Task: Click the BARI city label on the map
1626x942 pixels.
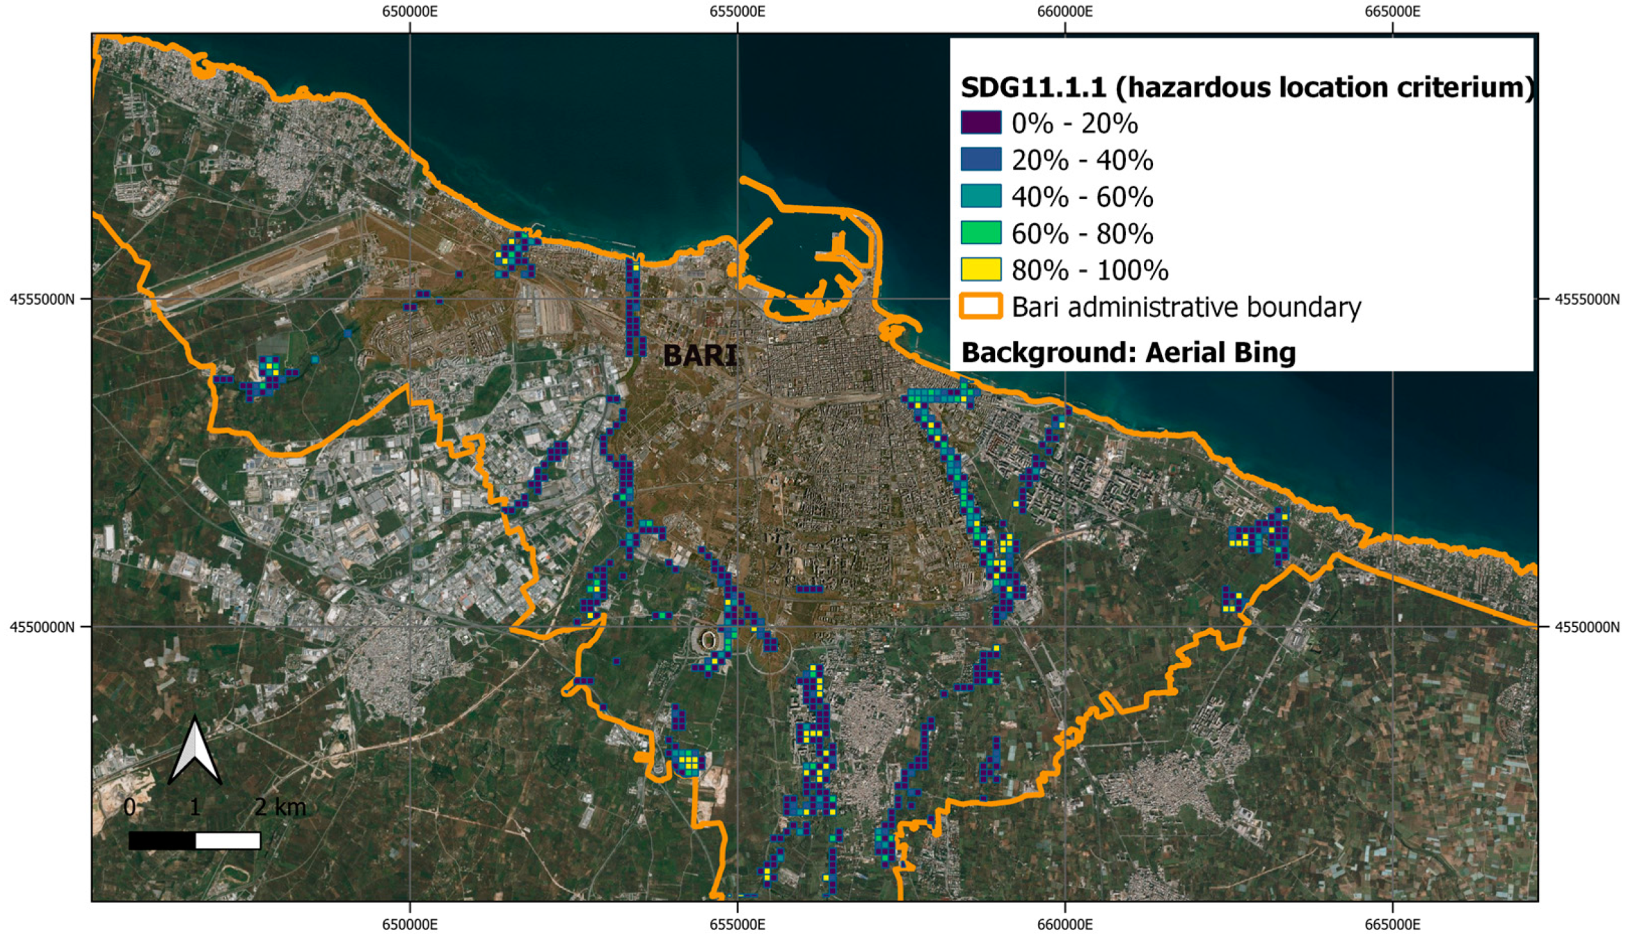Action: pos(699,356)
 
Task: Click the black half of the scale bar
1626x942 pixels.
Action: pos(162,840)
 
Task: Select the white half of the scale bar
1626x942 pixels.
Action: pos(228,840)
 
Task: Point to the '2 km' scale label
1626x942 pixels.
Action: pos(280,807)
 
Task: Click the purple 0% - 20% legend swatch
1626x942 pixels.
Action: pos(980,122)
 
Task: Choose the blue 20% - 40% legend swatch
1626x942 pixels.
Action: pos(980,159)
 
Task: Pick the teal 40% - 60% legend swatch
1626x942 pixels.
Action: pos(980,196)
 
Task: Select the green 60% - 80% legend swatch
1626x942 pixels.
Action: pos(980,233)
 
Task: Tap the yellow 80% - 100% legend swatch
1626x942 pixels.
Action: pos(980,270)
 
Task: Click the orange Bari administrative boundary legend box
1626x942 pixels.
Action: pos(980,306)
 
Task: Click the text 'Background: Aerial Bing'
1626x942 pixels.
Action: pos(1128,353)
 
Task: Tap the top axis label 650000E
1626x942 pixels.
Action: pos(410,12)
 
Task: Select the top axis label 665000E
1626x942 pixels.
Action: pos(1392,12)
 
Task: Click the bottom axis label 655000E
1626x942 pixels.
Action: pos(738,925)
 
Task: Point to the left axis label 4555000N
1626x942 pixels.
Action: pos(41,299)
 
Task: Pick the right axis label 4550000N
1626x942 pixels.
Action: pos(1587,627)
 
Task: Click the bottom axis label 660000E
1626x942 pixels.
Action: pos(1065,925)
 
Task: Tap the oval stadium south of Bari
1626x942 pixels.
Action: pos(708,639)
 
